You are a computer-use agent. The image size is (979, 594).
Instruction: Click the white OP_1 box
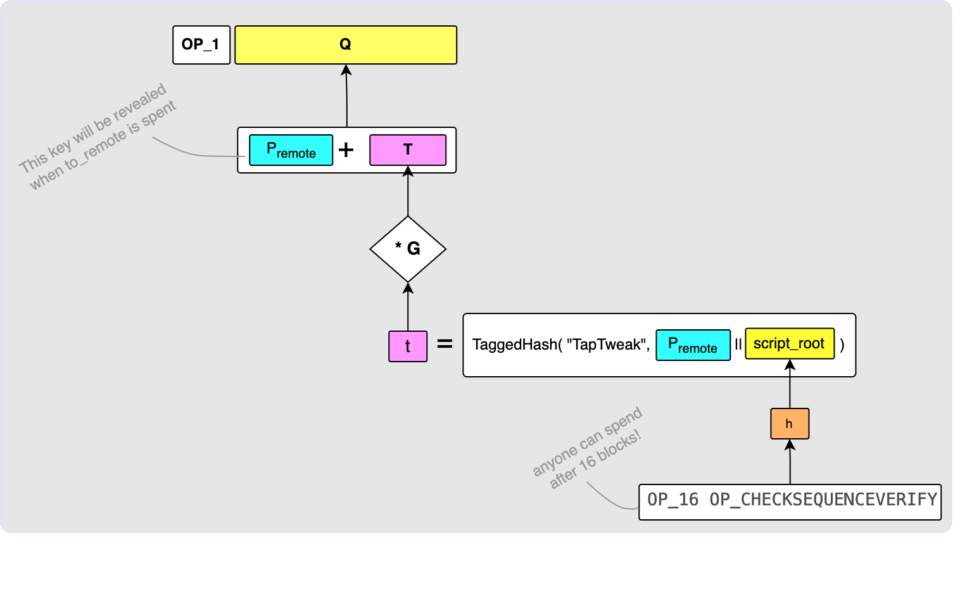pyautogui.click(x=201, y=44)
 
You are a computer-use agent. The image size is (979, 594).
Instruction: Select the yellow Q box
pyautogui.click(x=345, y=44)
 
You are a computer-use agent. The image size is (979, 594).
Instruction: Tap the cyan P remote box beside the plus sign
pyautogui.click(x=291, y=150)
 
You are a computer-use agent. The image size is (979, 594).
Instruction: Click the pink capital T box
pyautogui.click(x=407, y=150)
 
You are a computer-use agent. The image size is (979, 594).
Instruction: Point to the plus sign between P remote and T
pyautogui.click(x=346, y=150)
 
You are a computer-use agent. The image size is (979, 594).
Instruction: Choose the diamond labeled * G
pyautogui.click(x=408, y=249)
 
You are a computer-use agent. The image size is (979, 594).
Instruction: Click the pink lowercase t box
pyautogui.click(x=408, y=346)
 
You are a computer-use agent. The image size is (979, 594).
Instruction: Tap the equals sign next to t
pyautogui.click(x=445, y=344)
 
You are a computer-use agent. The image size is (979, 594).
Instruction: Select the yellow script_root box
pyautogui.click(x=789, y=344)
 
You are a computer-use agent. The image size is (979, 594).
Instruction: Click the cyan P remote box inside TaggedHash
pyautogui.click(x=693, y=345)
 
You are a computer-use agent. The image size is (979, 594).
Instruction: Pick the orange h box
pyautogui.click(x=789, y=424)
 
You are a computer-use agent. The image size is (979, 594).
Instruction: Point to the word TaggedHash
pyautogui.click(x=514, y=345)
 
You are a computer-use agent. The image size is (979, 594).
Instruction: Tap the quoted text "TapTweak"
pyautogui.click(x=608, y=345)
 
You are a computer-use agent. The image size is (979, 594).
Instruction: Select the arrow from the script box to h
pyautogui.click(x=790, y=462)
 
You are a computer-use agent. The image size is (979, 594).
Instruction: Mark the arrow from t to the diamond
pyautogui.click(x=408, y=307)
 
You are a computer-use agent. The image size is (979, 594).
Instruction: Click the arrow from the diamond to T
pyautogui.click(x=408, y=192)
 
